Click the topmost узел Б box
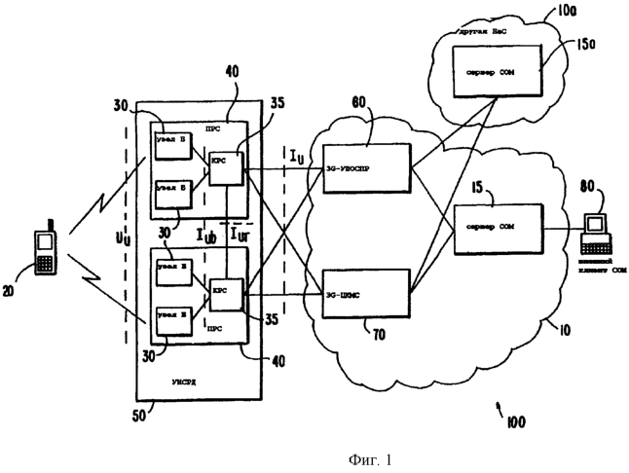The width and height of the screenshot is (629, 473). point(172,143)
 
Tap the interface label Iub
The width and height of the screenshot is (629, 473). point(206,236)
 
